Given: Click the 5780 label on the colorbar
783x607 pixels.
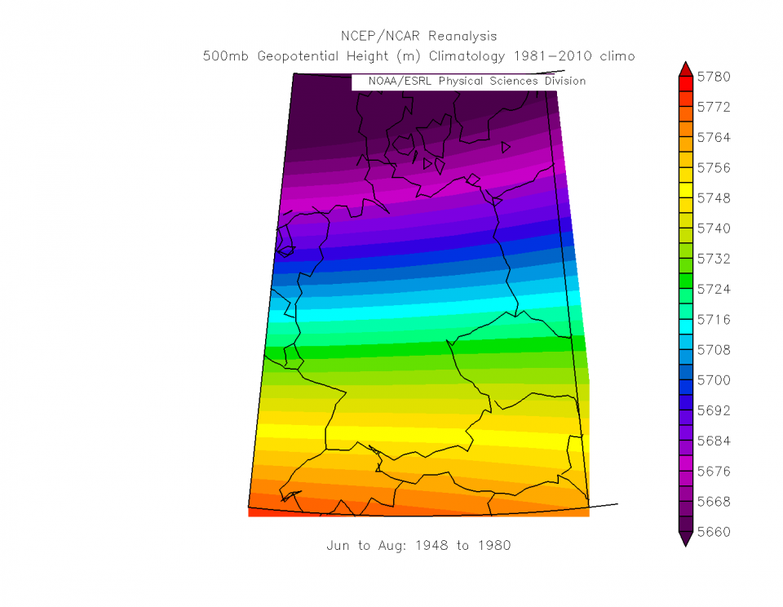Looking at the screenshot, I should click(714, 77).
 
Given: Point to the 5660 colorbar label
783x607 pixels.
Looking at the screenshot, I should click(714, 531).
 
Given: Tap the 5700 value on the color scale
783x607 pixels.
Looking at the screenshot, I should click(714, 380).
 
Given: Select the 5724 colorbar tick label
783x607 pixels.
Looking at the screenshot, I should click(714, 289).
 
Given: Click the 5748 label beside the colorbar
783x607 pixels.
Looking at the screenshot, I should click(714, 198).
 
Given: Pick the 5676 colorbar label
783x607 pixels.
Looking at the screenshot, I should click(714, 471).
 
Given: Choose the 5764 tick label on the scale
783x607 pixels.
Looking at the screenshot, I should click(714, 137).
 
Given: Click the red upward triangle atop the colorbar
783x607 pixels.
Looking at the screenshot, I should click(685, 68).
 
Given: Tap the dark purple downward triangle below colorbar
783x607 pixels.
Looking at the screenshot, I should click(685, 538).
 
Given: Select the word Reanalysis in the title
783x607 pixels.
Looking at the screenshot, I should click(462, 37).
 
